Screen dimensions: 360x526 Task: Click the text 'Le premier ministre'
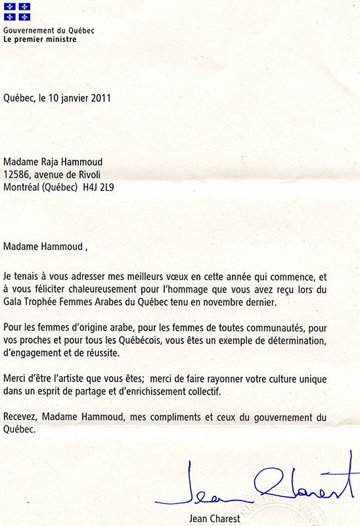pos(39,39)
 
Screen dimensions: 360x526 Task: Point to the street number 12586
pos(18,175)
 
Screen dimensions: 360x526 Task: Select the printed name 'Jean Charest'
pos(210,517)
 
